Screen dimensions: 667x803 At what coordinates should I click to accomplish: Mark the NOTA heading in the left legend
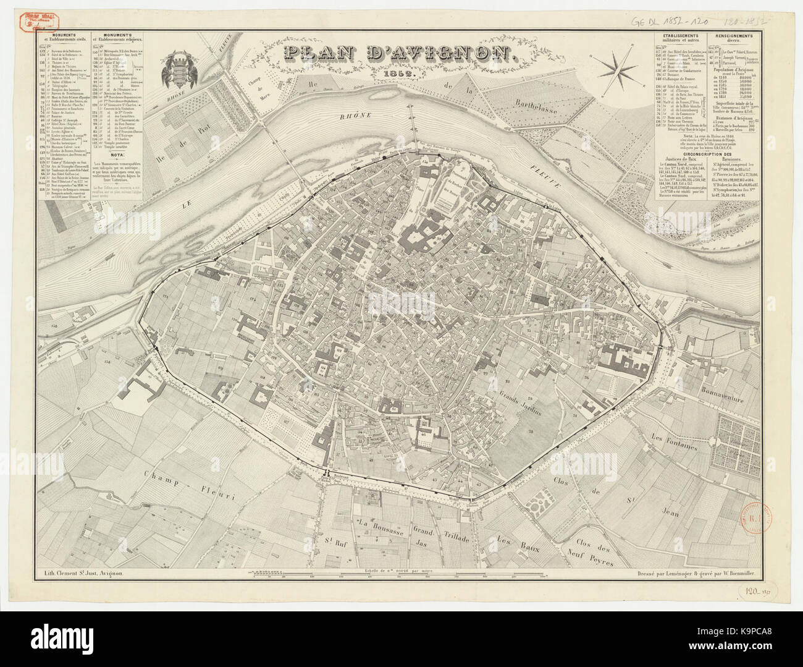(123, 155)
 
